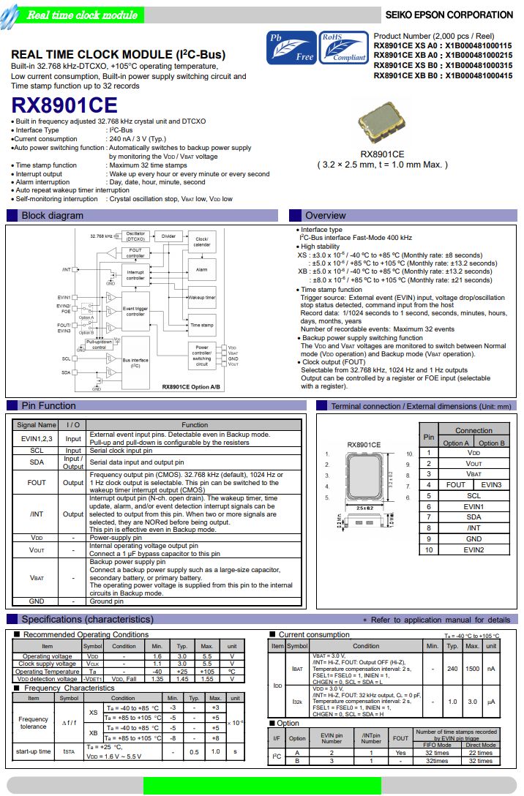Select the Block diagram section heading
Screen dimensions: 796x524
[52, 216]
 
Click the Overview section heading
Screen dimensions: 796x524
[326, 216]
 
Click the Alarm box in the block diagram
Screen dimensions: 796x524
[201, 270]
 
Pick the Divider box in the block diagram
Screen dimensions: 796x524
[168, 236]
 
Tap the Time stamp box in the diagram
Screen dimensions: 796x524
[201, 325]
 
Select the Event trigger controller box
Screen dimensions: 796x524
[135, 312]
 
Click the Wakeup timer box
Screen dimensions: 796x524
[201, 298]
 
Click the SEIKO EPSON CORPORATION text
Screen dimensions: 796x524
[449, 15]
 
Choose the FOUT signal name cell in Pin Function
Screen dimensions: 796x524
[37, 483]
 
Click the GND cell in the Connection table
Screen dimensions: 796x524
[474, 538]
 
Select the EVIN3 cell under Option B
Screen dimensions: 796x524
[492, 484]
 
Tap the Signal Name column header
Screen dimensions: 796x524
[37, 424]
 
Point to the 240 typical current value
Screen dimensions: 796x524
[452, 669]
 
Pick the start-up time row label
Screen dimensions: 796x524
[34, 751]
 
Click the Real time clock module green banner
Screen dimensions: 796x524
[81, 15]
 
